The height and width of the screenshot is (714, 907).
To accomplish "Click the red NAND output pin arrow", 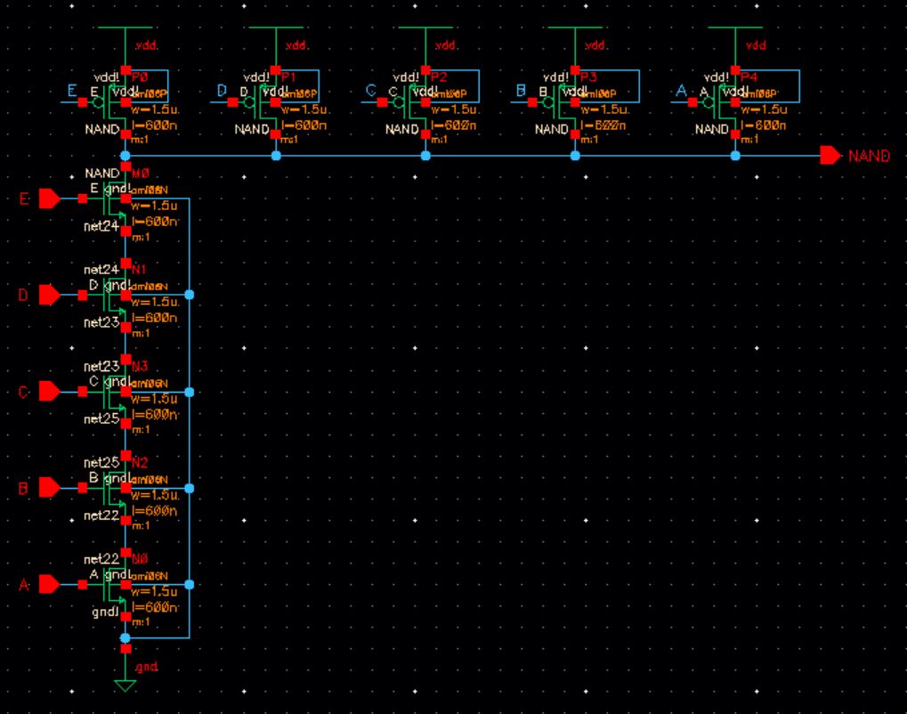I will coord(830,156).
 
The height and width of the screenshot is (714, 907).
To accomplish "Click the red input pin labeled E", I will coord(50,199).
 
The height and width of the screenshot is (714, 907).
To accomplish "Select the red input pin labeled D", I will coord(50,295).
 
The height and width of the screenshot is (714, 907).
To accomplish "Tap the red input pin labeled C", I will coord(50,392).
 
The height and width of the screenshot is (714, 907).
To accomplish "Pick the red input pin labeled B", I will coord(50,488).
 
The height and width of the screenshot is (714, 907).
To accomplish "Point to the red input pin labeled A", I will coord(50,584).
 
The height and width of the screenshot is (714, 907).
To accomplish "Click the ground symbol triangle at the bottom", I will coord(126,685).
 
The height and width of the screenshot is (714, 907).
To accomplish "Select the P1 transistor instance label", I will coord(291,77).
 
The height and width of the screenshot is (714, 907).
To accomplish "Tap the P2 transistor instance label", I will coord(441,77).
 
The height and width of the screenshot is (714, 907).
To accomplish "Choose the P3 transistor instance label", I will coord(590,77).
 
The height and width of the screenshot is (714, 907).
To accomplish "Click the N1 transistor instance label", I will coord(140,269).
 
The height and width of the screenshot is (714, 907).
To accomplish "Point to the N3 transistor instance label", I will coord(140,366).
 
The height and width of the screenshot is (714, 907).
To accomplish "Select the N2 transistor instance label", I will coord(140,462).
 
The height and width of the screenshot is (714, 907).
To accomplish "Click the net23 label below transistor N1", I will coord(101,322).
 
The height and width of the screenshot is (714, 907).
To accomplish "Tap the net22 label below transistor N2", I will coord(101,515).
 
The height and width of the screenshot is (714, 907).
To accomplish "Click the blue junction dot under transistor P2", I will coord(425,156).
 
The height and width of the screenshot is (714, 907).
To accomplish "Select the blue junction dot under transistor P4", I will coord(735,156).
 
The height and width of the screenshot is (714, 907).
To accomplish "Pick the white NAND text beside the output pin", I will coord(869,156).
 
